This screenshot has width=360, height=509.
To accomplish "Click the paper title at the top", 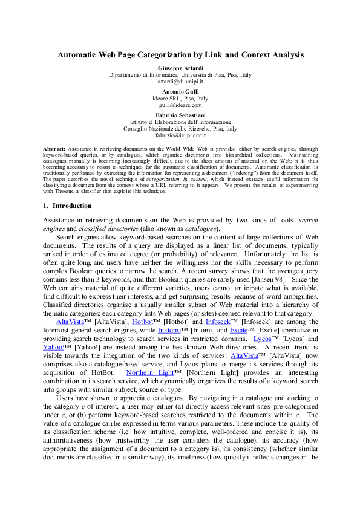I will pyautogui.click(x=180, y=54).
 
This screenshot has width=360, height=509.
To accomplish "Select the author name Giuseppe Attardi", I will pyautogui.click(x=180, y=68).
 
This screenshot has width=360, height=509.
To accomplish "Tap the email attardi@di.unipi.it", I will pyautogui.click(x=180, y=81).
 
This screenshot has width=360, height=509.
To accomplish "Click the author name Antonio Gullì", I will pyautogui.click(x=180, y=91).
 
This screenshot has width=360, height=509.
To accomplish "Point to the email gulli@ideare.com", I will pyautogui.click(x=180, y=105).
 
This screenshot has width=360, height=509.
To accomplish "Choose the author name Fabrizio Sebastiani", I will pyautogui.click(x=180, y=115).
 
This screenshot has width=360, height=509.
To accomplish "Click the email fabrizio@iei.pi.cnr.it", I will pyautogui.click(x=180, y=135).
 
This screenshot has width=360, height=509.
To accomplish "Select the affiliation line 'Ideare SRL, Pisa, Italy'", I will pyautogui.click(x=180, y=98).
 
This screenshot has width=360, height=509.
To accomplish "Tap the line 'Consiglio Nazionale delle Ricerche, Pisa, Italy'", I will pyautogui.click(x=180, y=129).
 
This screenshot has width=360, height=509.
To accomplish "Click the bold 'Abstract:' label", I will pyautogui.click(x=54, y=148).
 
